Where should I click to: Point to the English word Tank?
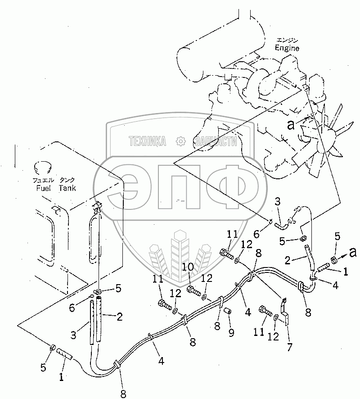click(67, 188)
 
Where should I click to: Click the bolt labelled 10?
click(193, 290)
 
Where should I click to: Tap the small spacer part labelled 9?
click(228, 312)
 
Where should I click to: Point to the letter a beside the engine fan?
click(291, 126)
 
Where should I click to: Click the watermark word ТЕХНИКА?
click(147, 141)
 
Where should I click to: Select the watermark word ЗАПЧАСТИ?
click(214, 141)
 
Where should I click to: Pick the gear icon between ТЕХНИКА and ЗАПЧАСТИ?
click(180, 141)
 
